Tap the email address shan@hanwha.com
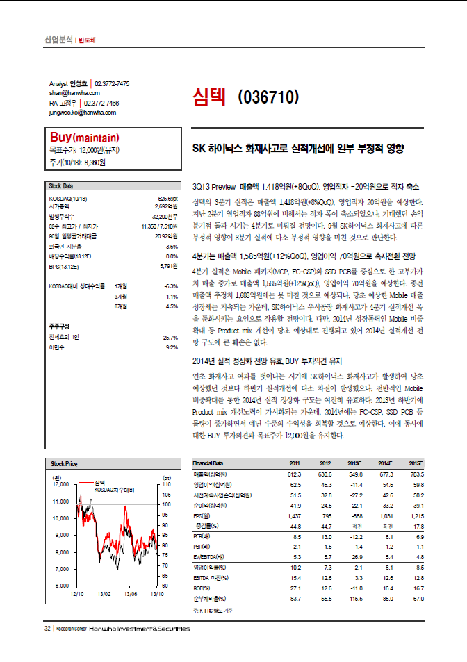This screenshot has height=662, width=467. click(74, 92)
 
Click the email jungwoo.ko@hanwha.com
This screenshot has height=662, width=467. click(82, 111)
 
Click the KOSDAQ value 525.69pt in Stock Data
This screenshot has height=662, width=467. click(169, 198)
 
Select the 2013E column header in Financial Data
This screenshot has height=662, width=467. click(356, 443)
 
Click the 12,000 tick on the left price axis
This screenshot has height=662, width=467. click(60, 484)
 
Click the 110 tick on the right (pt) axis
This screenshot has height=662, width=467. click(167, 484)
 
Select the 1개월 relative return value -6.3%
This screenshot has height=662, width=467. click(170, 286)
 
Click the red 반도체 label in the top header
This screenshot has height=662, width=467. click(87, 40)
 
